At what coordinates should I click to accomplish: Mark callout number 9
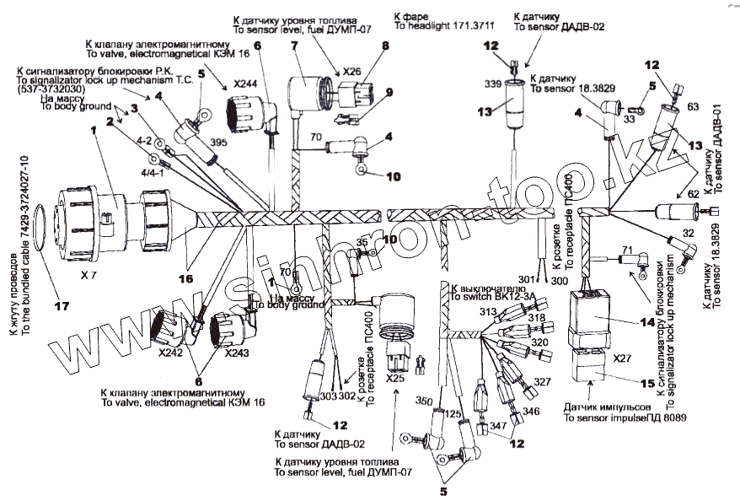click(x=390, y=93)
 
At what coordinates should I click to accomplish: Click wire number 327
click(x=541, y=382)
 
